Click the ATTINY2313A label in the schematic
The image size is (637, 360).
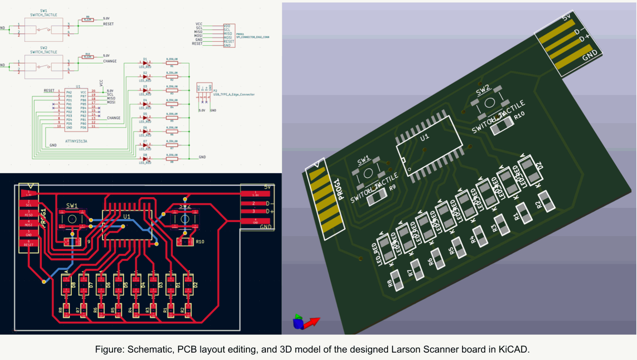76,141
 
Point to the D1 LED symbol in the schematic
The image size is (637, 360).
145,63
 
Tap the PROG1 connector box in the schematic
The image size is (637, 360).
229,36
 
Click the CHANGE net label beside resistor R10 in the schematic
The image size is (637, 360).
110,61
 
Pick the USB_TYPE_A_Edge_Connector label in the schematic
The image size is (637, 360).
234,95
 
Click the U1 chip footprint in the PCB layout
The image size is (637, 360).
127,225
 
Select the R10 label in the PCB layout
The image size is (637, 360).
200,242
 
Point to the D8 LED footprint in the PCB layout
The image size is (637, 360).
66,284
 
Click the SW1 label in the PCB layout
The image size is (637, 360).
72,205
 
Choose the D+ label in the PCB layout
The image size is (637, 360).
270,211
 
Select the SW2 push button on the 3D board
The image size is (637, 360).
489,103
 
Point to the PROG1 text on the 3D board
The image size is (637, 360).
336,190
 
